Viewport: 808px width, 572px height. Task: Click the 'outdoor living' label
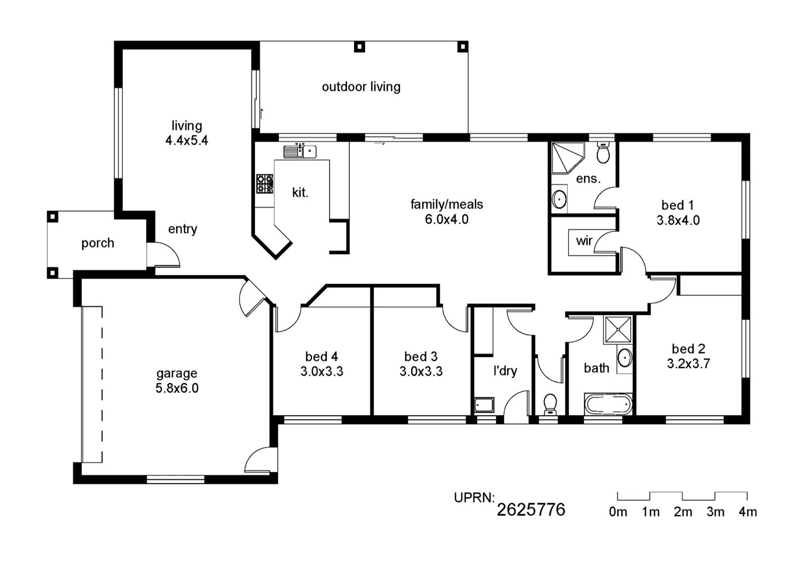tap(361, 87)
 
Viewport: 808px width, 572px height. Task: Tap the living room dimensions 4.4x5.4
tap(186, 141)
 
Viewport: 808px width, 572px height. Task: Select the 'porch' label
tap(97, 243)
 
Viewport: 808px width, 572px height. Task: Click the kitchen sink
tap(299, 151)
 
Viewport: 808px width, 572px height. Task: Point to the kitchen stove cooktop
tap(265, 184)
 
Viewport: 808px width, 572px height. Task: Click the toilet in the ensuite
tap(603, 153)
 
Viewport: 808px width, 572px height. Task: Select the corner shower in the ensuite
tap(566, 157)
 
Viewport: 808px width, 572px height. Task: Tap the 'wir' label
tap(584, 241)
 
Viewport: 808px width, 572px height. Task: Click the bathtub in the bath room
tap(608, 404)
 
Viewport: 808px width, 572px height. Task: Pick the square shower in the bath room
tap(618, 330)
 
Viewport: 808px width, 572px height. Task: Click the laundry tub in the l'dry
tap(484, 405)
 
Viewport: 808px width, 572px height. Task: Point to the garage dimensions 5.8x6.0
tap(177, 388)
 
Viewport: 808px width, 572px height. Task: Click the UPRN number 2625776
tap(531, 510)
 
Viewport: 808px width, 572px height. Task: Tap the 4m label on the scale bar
tap(747, 512)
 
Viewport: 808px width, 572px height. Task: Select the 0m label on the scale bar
tap(618, 512)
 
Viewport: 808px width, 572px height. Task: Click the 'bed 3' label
tap(421, 356)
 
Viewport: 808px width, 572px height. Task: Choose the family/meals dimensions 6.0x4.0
tap(447, 219)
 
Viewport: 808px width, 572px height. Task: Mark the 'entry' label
tap(183, 229)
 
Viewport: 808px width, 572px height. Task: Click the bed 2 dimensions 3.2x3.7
tap(688, 364)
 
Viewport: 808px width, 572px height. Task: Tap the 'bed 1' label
tap(677, 205)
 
